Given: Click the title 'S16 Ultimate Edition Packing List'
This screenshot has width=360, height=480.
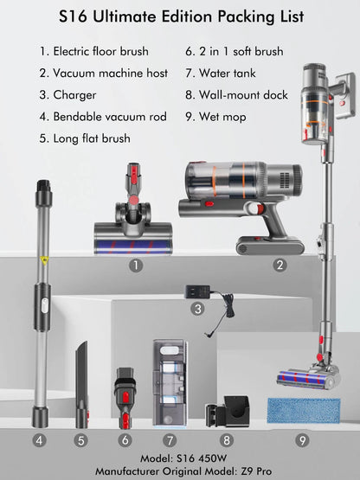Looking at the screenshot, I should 179,16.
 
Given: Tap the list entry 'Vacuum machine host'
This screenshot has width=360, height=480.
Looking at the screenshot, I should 103,74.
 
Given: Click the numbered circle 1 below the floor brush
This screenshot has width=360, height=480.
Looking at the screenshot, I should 136,266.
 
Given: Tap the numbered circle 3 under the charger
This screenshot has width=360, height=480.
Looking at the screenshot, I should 198,308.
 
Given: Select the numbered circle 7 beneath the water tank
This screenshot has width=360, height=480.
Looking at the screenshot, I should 170,440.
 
